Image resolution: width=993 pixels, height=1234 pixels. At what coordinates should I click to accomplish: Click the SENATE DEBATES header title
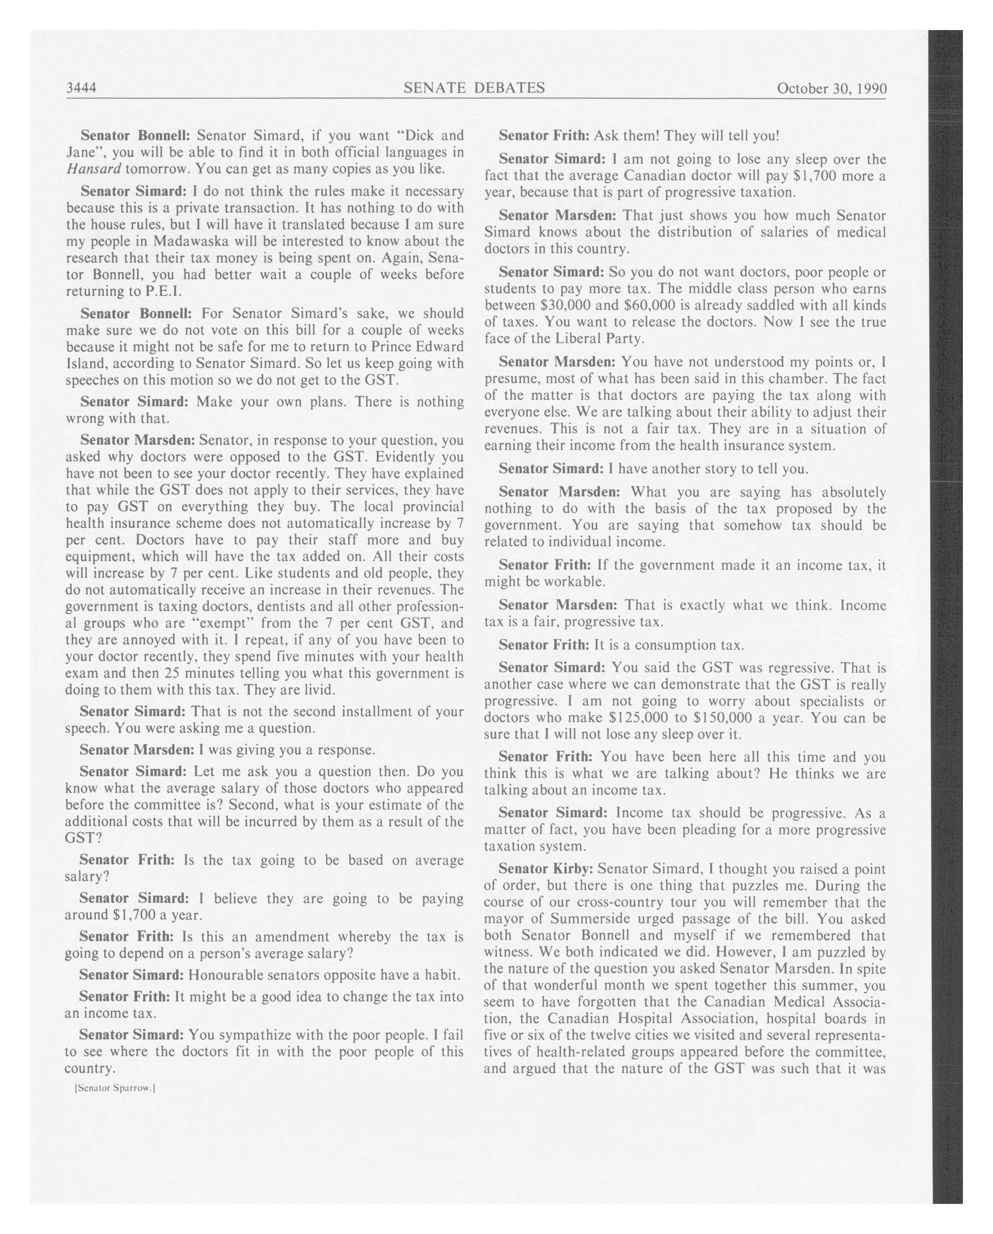pos(474,87)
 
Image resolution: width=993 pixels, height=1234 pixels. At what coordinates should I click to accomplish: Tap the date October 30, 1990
pos(831,89)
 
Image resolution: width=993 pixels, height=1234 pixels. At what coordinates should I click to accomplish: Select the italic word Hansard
pos(93,169)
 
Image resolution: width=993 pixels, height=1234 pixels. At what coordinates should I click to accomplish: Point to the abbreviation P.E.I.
pos(163,291)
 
